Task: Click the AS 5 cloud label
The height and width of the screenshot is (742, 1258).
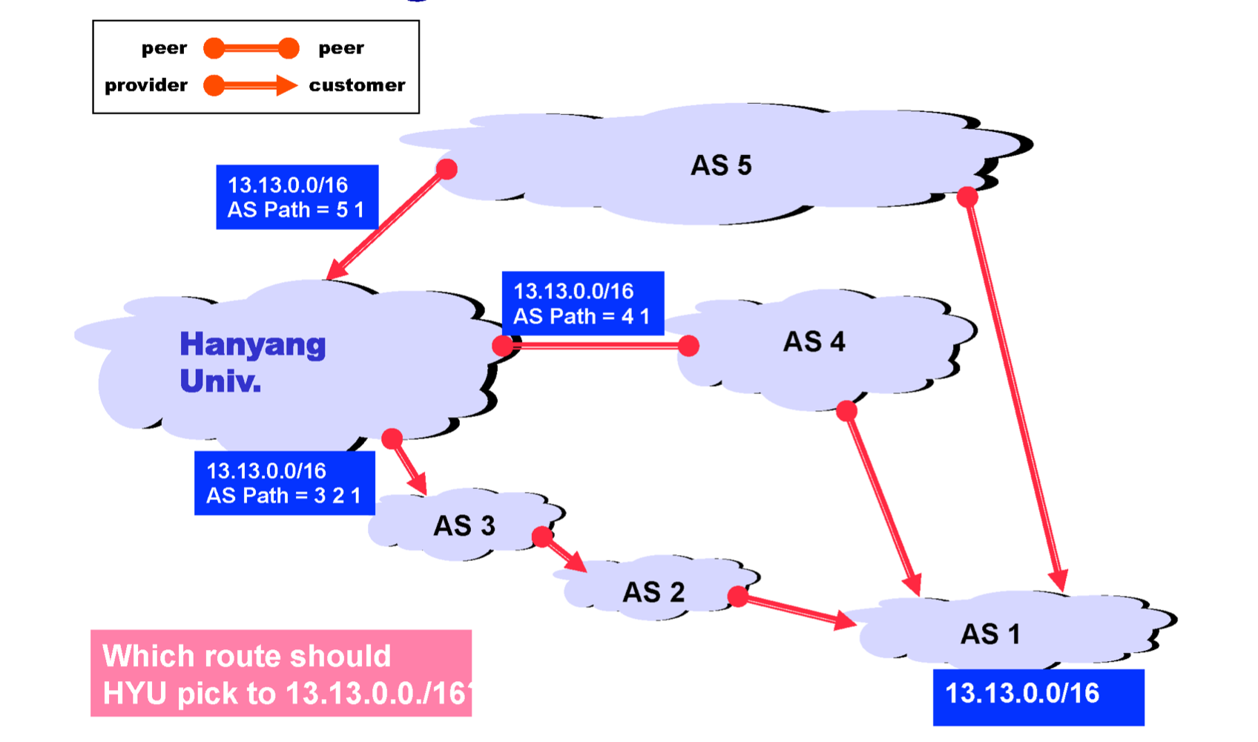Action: (721, 165)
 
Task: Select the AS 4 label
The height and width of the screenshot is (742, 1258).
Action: (814, 342)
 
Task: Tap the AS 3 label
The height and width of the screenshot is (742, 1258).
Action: (464, 526)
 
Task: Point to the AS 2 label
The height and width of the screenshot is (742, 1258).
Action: (653, 592)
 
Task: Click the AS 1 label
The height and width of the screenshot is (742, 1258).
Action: (990, 634)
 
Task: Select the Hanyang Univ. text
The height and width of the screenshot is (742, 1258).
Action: (252, 362)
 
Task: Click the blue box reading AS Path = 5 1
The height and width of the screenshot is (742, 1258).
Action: (297, 197)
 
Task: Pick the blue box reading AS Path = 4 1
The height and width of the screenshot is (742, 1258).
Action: (582, 303)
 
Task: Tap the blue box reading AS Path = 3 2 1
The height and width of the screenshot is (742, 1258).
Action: (284, 483)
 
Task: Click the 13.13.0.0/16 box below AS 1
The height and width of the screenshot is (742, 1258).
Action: (1038, 696)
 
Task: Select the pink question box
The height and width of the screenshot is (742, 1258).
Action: (280, 674)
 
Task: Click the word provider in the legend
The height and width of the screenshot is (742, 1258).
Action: (146, 85)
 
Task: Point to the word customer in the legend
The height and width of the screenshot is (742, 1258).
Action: (357, 85)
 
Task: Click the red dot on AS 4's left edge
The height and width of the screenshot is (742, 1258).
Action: (688, 346)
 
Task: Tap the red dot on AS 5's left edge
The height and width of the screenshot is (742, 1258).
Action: (447, 169)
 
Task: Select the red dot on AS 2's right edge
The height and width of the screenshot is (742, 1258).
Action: (738, 596)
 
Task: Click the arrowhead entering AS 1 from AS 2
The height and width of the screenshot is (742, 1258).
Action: (846, 620)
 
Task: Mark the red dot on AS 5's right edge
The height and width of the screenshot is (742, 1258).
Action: (967, 197)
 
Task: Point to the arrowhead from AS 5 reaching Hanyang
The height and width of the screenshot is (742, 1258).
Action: (335, 271)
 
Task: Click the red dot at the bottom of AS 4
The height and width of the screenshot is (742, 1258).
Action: (846, 411)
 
